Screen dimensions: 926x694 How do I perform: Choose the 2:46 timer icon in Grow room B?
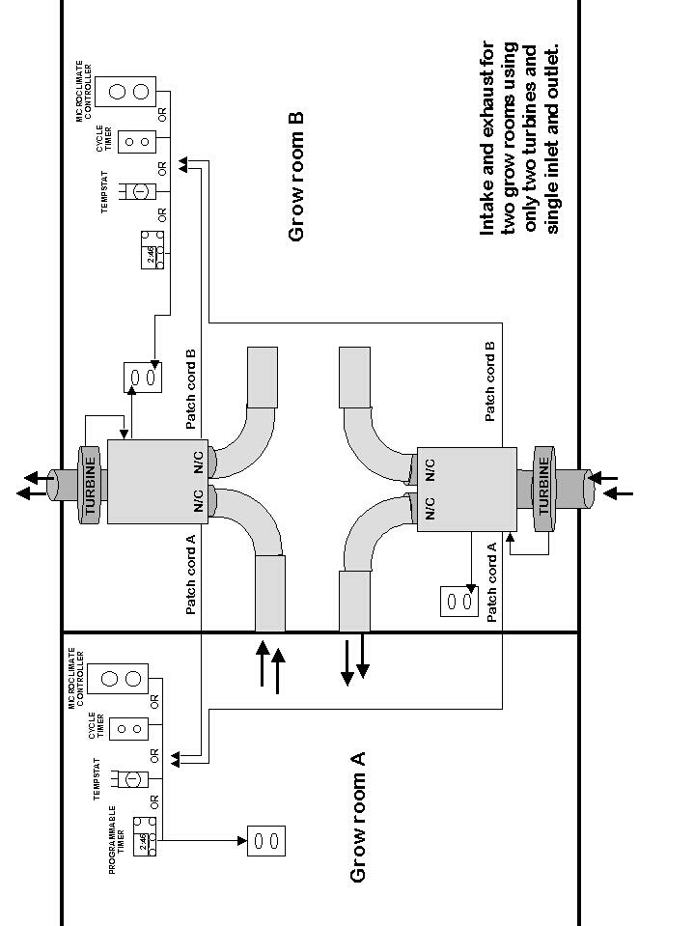point(151,249)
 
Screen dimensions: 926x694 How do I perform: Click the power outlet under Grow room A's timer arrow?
point(267,840)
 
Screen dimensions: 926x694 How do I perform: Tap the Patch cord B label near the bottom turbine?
point(490,381)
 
